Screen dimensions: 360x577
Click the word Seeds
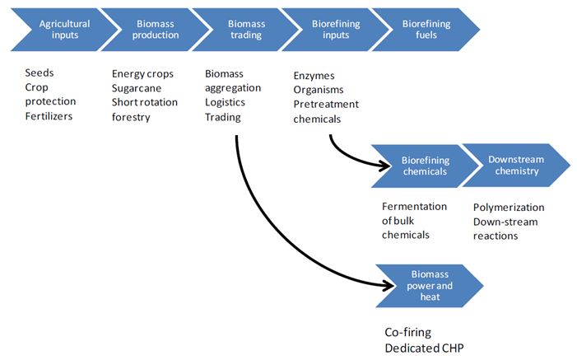40,73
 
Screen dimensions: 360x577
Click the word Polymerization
508,207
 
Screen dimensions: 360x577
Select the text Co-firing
409,332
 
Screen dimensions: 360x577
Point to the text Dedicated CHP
424,348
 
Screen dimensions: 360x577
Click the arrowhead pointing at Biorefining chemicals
383,166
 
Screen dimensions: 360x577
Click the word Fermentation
414,207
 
